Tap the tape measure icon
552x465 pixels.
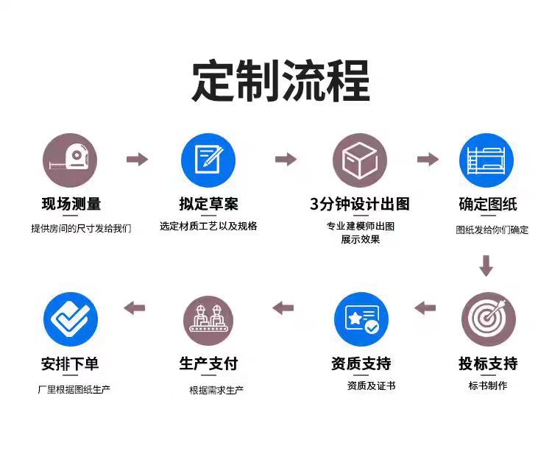tap(70, 160)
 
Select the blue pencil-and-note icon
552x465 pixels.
tap(208, 160)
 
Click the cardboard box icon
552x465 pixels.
tap(360, 160)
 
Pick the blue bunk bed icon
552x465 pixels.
tap(486, 160)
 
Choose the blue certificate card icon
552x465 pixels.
tap(361, 319)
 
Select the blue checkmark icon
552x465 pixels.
tap(71, 319)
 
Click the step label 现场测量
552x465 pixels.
tap(71, 204)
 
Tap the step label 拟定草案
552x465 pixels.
tap(208, 204)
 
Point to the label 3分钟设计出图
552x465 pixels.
tap(360, 204)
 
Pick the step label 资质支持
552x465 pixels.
tap(361, 363)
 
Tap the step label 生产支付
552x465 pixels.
tap(208, 363)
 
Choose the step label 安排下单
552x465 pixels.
tap(71, 363)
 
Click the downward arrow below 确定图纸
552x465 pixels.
tap(486, 265)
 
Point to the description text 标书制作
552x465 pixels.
tap(488, 386)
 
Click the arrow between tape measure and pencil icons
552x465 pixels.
tap(137, 159)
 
